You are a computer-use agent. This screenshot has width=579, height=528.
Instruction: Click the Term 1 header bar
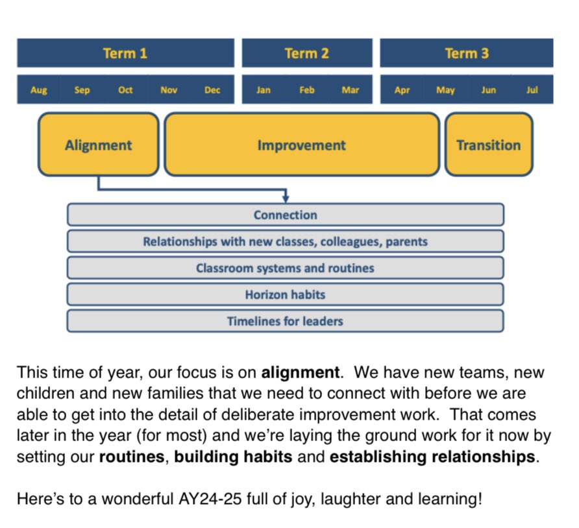coord(125,53)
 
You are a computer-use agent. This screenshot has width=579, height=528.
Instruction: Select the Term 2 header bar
coord(307,53)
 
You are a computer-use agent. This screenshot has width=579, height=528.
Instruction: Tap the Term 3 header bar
coord(466,53)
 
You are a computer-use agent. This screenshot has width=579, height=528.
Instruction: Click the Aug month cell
coord(39,90)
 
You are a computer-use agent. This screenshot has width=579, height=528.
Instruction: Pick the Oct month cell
coord(125,90)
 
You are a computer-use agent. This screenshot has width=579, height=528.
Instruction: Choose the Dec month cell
coord(212,90)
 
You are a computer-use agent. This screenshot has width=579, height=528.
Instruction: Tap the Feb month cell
coord(307,90)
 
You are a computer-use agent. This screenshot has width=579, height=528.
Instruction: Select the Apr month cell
coord(402,90)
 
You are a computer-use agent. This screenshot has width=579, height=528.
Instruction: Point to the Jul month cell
coord(532,90)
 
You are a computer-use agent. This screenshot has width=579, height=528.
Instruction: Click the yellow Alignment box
coord(98,145)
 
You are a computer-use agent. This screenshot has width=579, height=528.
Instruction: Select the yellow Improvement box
coord(302,145)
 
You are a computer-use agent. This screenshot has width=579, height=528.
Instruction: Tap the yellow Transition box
coord(488,145)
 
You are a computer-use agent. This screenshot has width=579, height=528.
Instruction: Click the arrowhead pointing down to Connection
coord(286,198)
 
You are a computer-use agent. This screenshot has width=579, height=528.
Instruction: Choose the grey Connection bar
coord(286,215)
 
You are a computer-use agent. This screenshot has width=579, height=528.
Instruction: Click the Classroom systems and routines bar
coord(286,268)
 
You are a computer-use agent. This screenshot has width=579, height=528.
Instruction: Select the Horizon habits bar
coord(286,294)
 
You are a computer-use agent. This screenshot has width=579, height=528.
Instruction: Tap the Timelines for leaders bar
coord(286,321)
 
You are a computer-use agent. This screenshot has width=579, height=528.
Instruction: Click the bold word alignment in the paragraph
coord(300,373)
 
